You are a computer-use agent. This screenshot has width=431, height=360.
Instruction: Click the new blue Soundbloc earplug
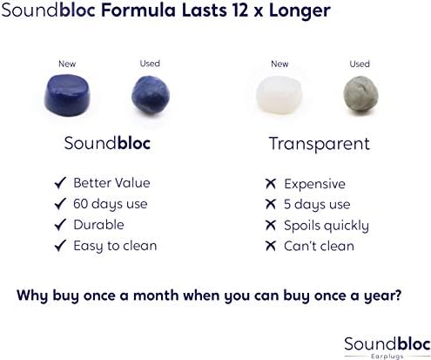point(67,95)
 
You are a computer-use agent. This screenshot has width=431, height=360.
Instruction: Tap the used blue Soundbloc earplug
point(151,95)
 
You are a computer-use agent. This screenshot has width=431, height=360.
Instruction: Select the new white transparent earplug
point(279,95)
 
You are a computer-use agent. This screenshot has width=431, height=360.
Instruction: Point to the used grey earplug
point(360,94)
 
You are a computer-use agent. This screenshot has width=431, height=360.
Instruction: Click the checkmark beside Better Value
point(60,183)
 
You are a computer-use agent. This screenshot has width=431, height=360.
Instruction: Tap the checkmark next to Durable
point(60,225)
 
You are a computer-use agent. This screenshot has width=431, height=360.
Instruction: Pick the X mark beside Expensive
point(271,184)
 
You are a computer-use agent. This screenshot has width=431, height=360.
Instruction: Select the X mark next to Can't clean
point(271,246)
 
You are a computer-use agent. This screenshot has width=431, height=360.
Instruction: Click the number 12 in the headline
point(240,10)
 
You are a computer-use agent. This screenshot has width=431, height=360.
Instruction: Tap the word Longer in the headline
point(300,11)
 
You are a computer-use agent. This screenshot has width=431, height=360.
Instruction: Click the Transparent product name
point(320,144)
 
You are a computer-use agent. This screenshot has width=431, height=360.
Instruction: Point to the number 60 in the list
point(80,204)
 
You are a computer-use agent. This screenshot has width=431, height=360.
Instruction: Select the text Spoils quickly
point(327,226)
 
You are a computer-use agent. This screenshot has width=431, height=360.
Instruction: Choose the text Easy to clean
point(115,246)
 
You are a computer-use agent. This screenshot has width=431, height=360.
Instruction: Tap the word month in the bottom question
point(156,295)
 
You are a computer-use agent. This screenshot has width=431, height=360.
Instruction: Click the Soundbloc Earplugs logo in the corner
point(387,348)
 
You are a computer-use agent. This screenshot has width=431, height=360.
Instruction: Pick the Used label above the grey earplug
point(360,64)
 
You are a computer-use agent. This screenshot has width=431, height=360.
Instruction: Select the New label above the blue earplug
point(67,64)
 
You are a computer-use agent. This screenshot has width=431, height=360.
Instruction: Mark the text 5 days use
point(317,205)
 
